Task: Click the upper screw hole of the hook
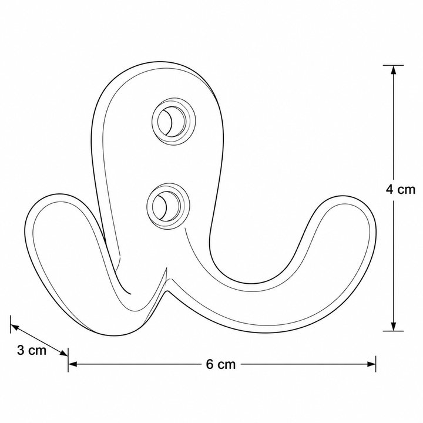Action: (173, 122)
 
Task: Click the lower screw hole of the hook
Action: (169, 206)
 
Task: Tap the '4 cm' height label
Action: (400, 189)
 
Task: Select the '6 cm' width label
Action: (221, 364)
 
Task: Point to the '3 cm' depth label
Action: (32, 350)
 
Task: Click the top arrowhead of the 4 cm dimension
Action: (394, 70)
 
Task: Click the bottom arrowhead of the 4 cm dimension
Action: (394, 326)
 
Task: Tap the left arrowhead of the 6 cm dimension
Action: (73, 364)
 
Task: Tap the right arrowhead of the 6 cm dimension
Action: (371, 364)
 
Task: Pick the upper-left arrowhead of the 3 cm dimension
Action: (15, 327)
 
